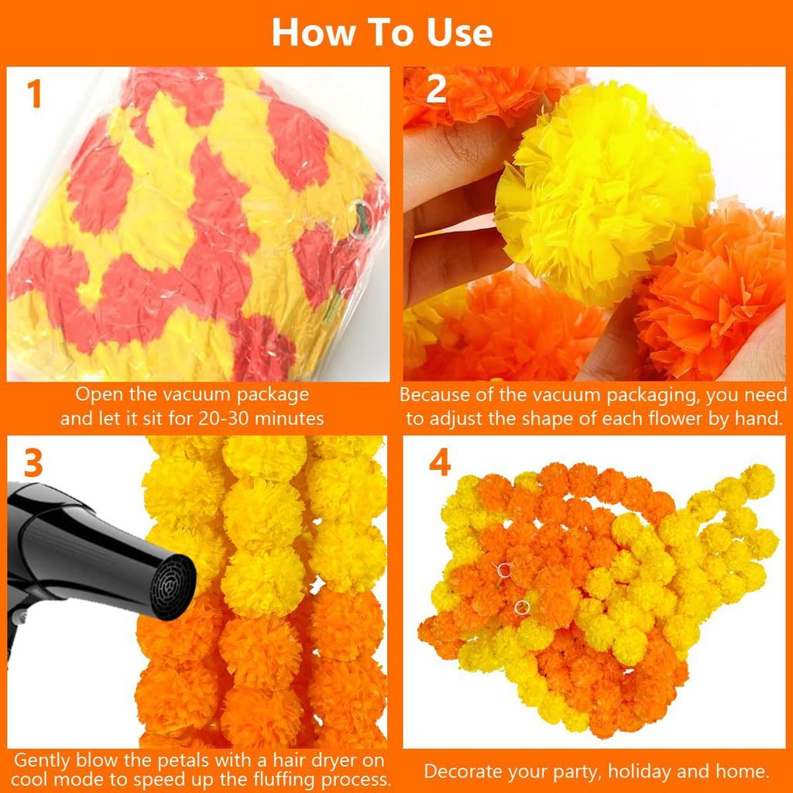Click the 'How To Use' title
[x=382, y=33]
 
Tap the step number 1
[x=34, y=94]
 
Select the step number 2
[x=437, y=91]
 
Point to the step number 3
[x=33, y=463]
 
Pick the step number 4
[x=439, y=463]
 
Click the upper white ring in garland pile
[x=504, y=571]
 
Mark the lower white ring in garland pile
[x=522, y=606]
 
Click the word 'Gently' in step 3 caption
[x=43, y=760]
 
